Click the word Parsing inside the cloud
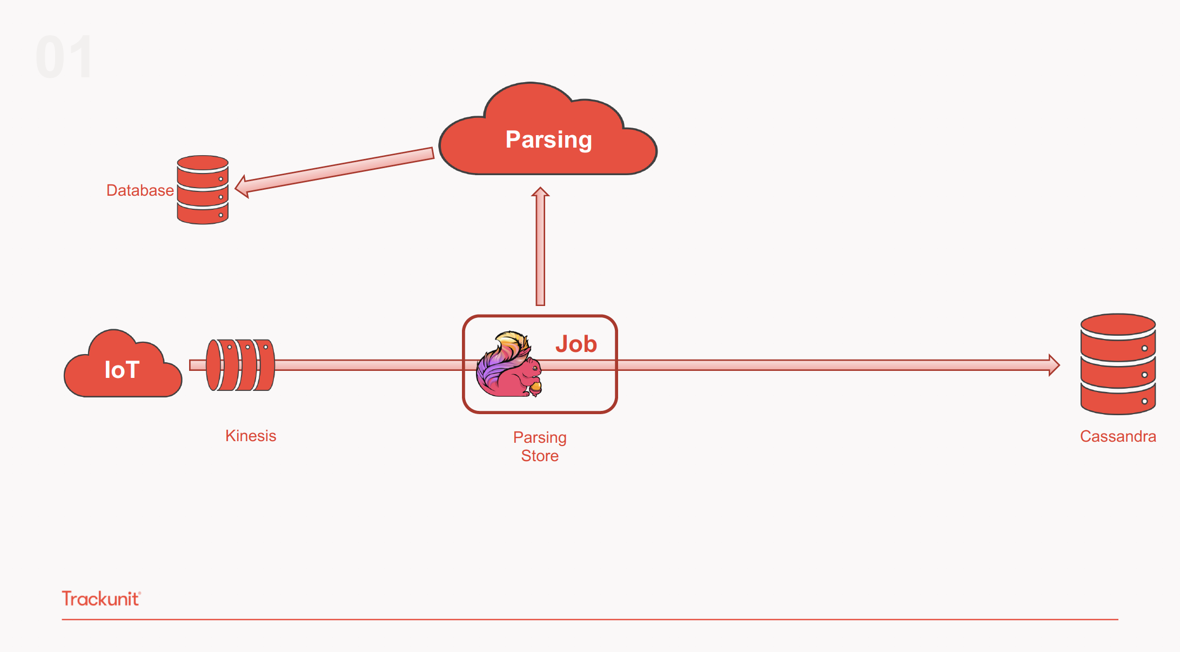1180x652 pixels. tap(548, 139)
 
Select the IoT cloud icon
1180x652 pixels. tap(123, 365)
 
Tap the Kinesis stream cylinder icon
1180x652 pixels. tap(240, 365)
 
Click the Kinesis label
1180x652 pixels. tap(251, 436)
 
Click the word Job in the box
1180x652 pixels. tap(576, 344)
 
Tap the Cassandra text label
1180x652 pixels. tap(1118, 436)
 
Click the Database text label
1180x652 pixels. tap(140, 190)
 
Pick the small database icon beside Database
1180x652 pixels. tap(203, 190)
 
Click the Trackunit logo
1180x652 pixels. tap(101, 598)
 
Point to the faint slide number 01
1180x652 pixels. tap(64, 57)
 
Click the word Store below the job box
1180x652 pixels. tap(540, 456)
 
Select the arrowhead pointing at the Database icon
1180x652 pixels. tap(242, 187)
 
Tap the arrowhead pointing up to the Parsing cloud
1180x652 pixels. tap(540, 192)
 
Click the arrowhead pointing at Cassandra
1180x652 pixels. tap(1054, 365)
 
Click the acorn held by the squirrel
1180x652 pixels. tap(535, 387)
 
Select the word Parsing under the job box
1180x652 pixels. tap(540, 437)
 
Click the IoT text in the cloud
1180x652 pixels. tap(122, 370)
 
